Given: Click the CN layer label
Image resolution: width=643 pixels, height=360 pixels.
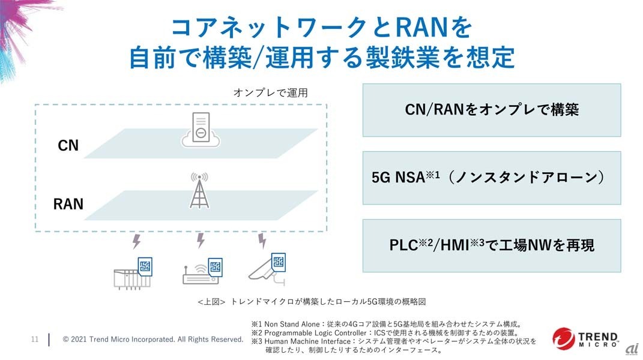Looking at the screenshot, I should (x=68, y=145).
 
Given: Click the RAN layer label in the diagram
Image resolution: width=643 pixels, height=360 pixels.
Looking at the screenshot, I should (x=68, y=204).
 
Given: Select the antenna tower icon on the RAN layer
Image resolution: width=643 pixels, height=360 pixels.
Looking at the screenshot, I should (x=199, y=191).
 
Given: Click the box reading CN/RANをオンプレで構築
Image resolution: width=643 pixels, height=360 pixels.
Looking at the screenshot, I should (x=491, y=110).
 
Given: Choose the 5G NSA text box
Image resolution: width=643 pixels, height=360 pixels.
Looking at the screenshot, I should (x=491, y=178).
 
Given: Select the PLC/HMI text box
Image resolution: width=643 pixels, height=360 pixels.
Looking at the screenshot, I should (x=491, y=245).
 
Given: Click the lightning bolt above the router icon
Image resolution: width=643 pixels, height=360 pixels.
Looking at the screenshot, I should (x=201, y=241).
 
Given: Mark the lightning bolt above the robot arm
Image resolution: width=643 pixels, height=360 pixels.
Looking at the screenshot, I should (x=262, y=241).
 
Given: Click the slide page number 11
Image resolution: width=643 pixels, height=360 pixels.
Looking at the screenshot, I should (x=35, y=340).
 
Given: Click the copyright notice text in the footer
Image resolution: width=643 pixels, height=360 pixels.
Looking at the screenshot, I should (x=153, y=340).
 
